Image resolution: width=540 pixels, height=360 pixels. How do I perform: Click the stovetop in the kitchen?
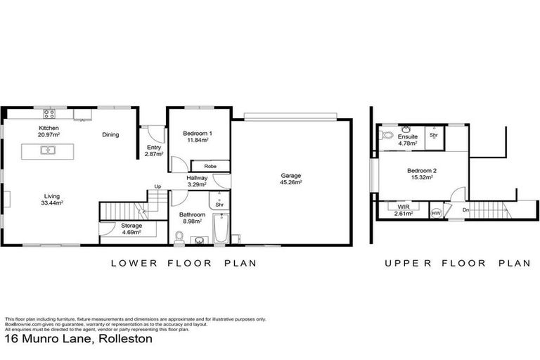tap(50, 112)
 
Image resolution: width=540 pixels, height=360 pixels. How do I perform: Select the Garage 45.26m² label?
tap(291, 179)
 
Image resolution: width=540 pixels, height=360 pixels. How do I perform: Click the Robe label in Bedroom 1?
tap(209, 166)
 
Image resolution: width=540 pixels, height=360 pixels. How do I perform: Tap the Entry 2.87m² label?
tap(153, 150)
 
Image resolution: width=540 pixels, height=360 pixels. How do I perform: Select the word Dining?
tap(110, 135)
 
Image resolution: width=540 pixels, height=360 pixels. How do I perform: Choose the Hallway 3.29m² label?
tap(197, 181)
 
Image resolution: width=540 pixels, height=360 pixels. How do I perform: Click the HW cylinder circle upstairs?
tap(436, 212)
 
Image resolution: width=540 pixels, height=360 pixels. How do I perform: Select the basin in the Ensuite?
tap(406, 130)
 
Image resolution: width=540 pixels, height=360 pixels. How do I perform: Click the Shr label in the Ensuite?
tap(434, 134)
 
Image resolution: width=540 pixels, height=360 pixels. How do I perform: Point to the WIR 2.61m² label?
tap(404, 210)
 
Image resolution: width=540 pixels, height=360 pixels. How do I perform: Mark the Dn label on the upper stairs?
tap(465, 209)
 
